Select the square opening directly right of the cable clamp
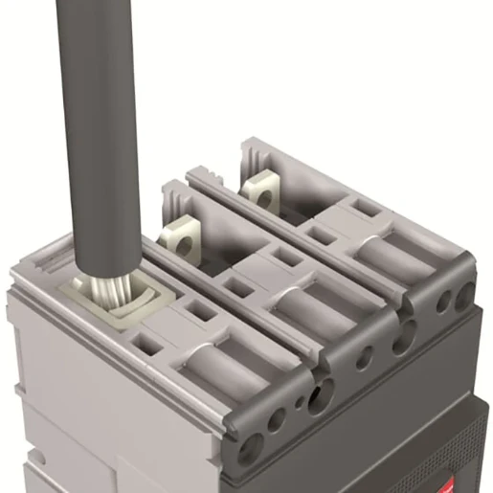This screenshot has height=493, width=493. [200, 310]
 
